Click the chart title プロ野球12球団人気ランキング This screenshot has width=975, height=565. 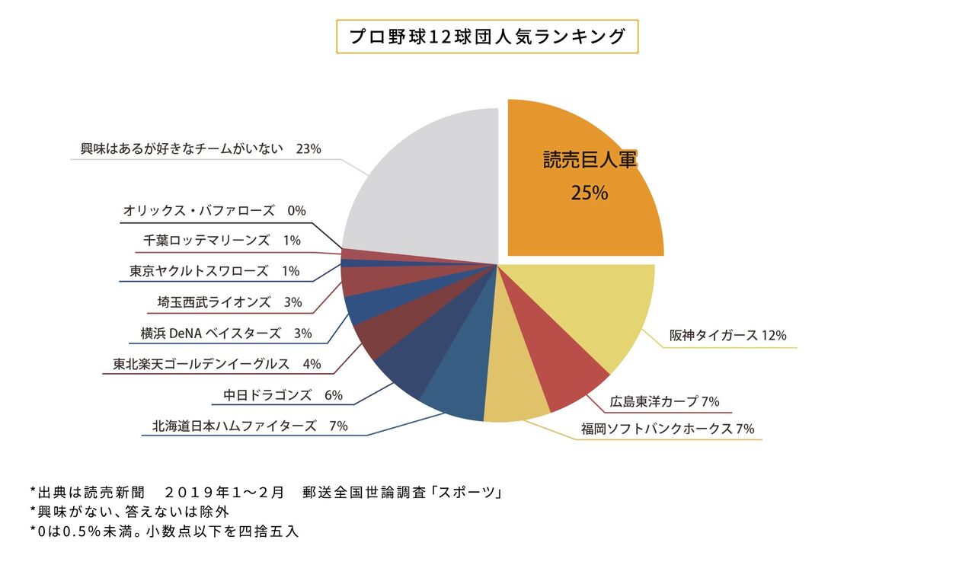coord(487,37)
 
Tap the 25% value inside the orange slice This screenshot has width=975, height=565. coord(589,193)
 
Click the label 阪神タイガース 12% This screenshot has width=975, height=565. coord(727,335)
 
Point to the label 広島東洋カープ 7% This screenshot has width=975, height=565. coord(664,401)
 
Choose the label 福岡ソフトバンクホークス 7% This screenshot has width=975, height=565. coord(667,429)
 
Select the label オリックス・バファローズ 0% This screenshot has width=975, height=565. coord(214,211)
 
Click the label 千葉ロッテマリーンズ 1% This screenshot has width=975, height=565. coord(222,241)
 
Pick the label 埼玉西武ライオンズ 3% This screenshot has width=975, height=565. coord(229,302)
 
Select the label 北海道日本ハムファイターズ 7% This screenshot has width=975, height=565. coord(250,426)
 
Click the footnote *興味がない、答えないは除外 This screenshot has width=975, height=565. coord(129,512)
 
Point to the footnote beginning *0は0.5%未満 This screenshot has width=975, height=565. coord(165,531)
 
